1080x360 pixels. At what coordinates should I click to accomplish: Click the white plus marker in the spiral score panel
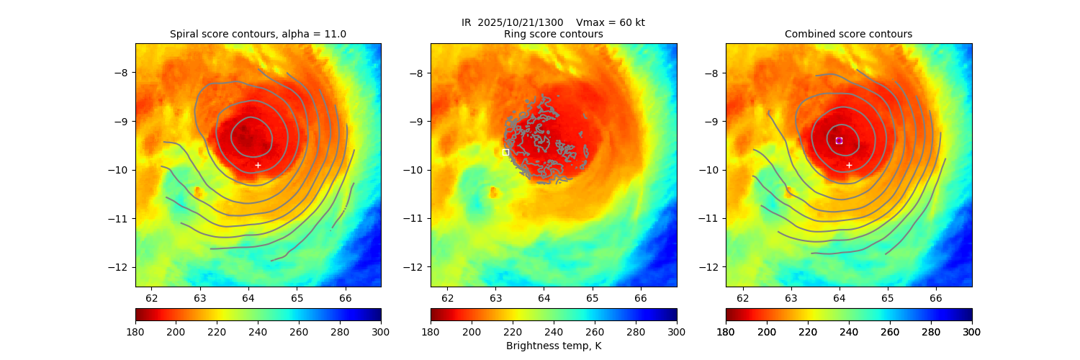click(258, 165)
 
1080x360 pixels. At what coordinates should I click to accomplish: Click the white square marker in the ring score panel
click(505, 152)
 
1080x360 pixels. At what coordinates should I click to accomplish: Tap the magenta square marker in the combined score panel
click(839, 140)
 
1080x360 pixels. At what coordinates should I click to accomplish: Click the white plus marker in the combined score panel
click(849, 165)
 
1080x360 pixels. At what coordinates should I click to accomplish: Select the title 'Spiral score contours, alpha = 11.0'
click(258, 34)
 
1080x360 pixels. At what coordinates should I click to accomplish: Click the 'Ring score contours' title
click(553, 34)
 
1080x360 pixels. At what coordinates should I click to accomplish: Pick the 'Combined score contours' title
click(848, 34)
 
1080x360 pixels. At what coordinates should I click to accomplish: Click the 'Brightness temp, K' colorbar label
click(553, 346)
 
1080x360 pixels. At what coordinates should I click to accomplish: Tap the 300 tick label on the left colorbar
click(381, 331)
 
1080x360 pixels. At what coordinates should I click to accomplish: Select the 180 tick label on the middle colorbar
click(431, 331)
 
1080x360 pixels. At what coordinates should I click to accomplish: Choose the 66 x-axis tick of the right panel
click(936, 297)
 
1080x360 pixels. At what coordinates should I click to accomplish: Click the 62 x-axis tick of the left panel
click(152, 297)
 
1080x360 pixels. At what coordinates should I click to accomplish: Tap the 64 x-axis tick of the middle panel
click(544, 297)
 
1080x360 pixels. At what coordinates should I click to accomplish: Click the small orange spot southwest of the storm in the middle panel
click(493, 192)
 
